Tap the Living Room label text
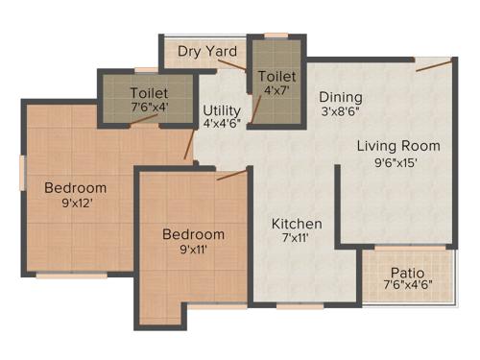[398, 146]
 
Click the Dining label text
[341, 97]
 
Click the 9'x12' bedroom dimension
[76, 203]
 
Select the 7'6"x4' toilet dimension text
[149, 108]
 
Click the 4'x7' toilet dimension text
[276, 91]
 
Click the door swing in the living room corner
[433, 65]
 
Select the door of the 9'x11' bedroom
[230, 174]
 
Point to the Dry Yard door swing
[231, 64]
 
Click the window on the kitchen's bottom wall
[293, 306]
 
